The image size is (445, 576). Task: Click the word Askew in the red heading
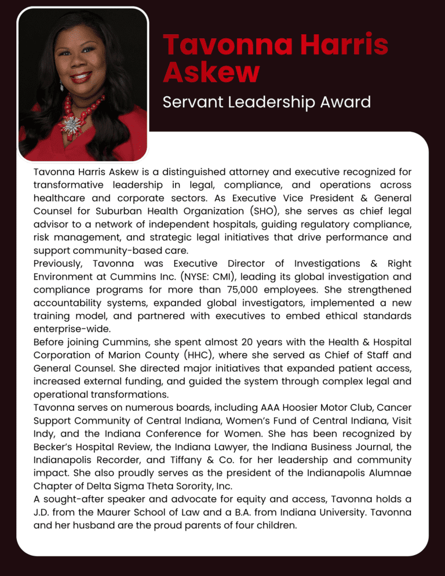pyautogui.click(x=211, y=73)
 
